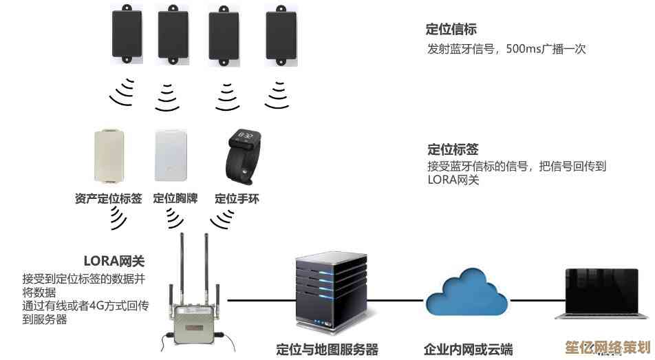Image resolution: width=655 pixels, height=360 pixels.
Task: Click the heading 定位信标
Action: point(451,30)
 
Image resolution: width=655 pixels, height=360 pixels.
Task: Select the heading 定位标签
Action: point(452,149)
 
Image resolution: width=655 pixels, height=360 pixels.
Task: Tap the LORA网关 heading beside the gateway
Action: point(114,261)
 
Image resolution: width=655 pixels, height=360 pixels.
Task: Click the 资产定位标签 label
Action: point(108,199)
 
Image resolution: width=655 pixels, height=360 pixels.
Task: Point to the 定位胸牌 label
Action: point(175,199)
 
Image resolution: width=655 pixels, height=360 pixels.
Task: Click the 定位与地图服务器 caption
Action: point(327,350)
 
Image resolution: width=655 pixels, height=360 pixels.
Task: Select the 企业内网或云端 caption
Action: point(468,350)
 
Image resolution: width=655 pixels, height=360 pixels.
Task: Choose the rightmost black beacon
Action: point(281,35)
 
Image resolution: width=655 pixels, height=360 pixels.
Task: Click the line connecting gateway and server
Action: point(261,300)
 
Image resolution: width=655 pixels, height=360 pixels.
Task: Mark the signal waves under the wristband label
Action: point(222,219)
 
